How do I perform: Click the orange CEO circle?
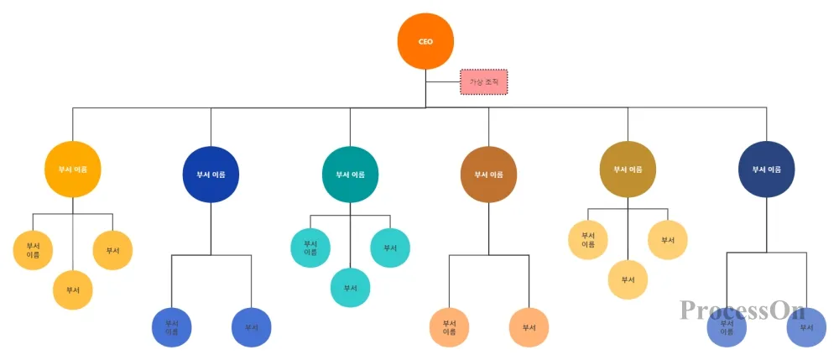[425, 41]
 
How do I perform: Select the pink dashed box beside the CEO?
[483, 82]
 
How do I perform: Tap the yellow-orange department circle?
[72, 170]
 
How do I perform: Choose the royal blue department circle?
[211, 174]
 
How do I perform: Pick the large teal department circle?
[350, 174]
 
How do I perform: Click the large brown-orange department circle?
[488, 174]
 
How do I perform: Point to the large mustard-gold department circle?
[628, 170]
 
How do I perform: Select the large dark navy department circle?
[766, 170]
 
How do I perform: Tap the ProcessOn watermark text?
[743, 311]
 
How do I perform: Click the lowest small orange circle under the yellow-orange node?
[72, 290]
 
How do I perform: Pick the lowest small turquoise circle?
[350, 288]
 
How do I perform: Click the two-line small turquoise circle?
[310, 248]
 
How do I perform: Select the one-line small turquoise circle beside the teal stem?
[390, 248]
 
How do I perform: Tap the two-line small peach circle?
[449, 327]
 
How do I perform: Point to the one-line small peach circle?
[529, 327]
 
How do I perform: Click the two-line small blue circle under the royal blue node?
[171, 327]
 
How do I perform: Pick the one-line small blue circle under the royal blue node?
[251, 327]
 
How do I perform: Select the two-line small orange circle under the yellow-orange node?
[33, 250]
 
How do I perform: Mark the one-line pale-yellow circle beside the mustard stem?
[668, 240]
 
